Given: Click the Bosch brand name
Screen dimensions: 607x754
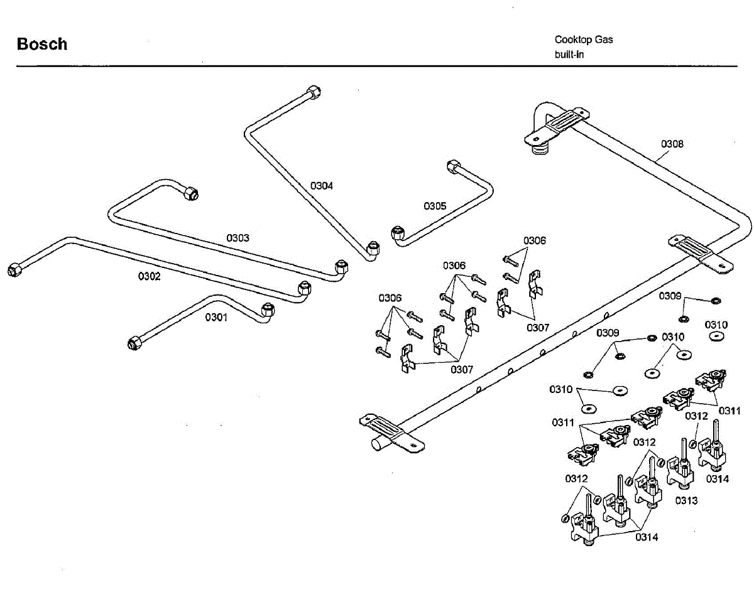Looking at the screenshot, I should click(x=42, y=44).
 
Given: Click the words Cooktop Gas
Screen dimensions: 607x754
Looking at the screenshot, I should click(x=583, y=40).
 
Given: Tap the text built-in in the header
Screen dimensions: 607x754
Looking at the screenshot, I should click(x=569, y=55).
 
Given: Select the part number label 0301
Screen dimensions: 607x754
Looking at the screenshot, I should click(x=216, y=317).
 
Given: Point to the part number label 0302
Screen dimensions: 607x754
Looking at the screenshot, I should click(x=150, y=276).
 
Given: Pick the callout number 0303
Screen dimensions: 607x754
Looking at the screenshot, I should click(x=238, y=238).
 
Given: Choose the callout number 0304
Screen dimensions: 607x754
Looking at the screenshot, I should click(x=322, y=186).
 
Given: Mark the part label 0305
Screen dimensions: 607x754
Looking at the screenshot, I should click(x=435, y=206).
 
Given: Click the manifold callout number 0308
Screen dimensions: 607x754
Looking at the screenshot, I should click(x=672, y=144).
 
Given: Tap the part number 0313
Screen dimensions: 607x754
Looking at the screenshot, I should click(x=686, y=500).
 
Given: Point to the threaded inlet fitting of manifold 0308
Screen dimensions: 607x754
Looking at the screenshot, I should click(x=540, y=149).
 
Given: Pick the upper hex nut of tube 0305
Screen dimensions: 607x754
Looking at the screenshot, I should click(x=453, y=167).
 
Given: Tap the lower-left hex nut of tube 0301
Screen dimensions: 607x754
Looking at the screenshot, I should click(x=134, y=343).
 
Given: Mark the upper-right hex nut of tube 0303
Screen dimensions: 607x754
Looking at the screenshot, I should click(x=191, y=193).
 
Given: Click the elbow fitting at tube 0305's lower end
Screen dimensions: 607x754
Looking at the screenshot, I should click(x=398, y=234).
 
